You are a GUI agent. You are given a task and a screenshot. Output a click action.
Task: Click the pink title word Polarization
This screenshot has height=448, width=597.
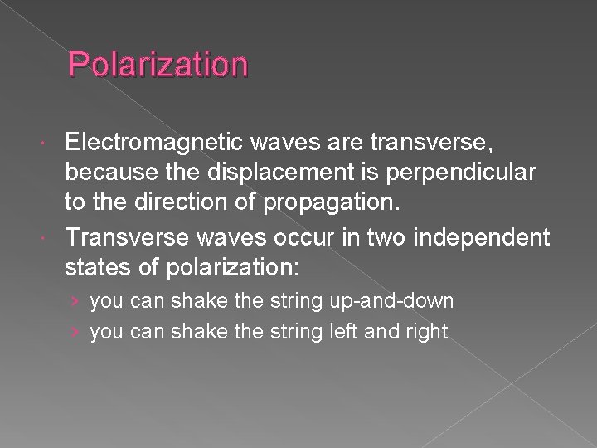158,64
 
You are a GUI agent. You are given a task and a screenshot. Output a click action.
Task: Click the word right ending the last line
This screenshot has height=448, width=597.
425,332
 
